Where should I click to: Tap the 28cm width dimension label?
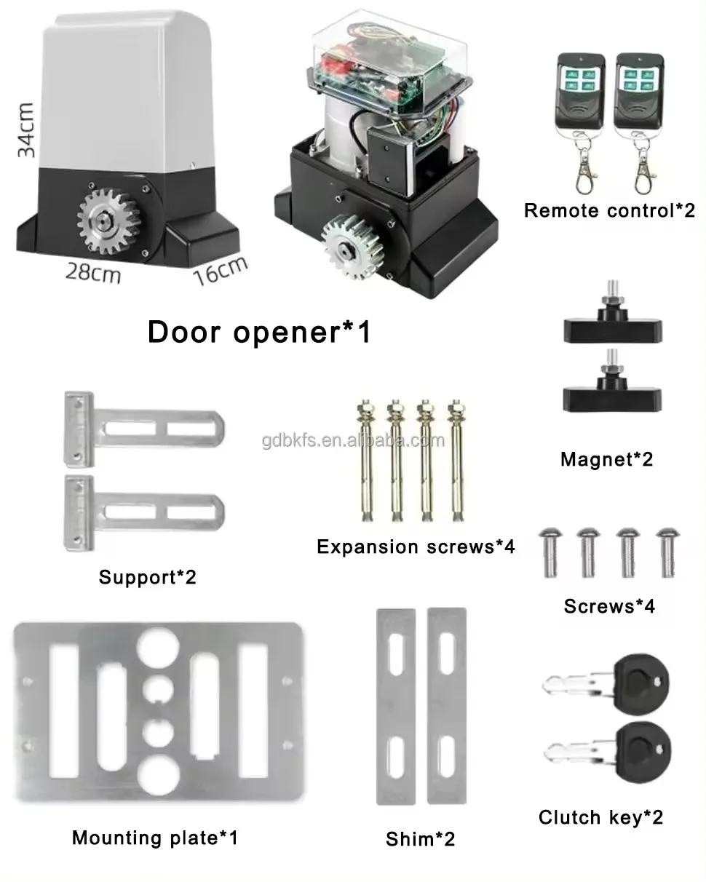(x=93, y=274)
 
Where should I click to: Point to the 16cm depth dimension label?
(x=221, y=271)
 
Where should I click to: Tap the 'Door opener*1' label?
(x=259, y=332)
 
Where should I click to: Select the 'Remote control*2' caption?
(x=609, y=211)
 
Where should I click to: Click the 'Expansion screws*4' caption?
(x=416, y=547)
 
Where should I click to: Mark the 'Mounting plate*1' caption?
(x=155, y=838)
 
